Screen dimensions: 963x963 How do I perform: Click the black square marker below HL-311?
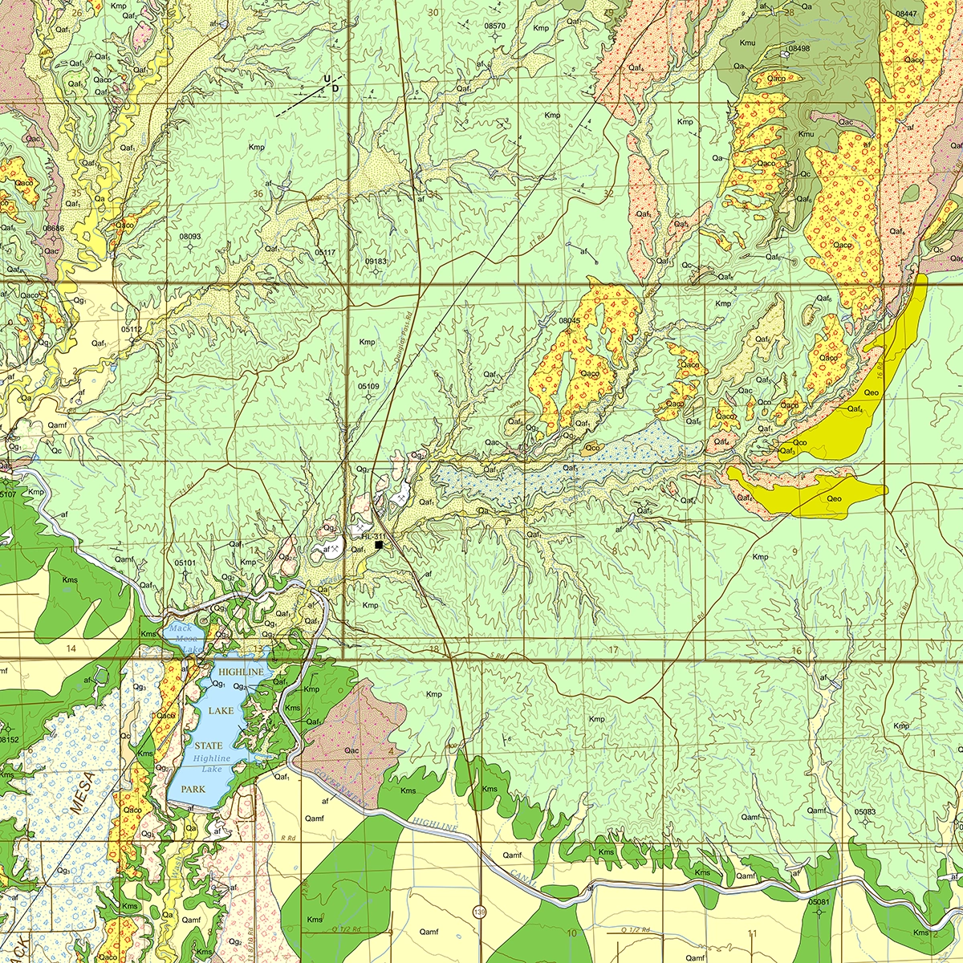(379, 545)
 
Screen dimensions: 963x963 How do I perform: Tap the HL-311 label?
(374, 536)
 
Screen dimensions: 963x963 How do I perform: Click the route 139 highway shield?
(480, 911)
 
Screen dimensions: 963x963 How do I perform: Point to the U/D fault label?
(331, 82)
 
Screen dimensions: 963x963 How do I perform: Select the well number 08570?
(495, 26)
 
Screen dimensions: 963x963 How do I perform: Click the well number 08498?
(799, 49)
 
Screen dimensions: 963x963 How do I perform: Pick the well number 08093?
(190, 237)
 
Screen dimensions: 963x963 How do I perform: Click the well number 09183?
(376, 262)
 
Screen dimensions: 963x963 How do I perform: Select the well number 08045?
(569, 320)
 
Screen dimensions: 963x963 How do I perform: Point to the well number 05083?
(865, 812)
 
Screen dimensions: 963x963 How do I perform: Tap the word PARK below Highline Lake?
(193, 789)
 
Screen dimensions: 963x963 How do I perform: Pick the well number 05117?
(325, 252)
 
